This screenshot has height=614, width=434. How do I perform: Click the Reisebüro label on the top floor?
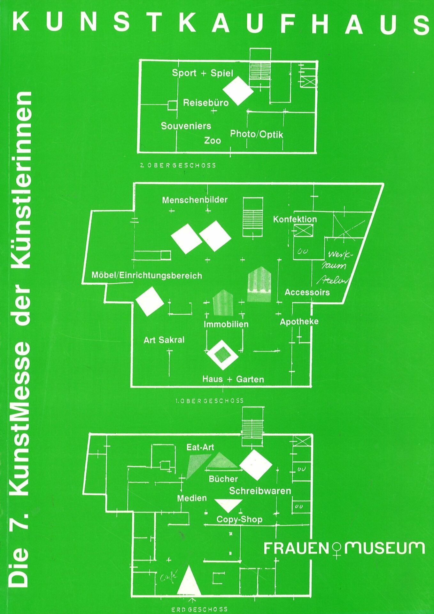click(205, 103)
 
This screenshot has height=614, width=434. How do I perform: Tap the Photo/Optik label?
click(256, 134)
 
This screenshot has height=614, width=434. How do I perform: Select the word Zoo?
click(213, 141)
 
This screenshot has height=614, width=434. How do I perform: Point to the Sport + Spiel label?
click(203, 73)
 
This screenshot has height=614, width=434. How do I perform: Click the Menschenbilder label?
click(195, 200)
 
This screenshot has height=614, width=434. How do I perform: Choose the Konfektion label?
click(295, 219)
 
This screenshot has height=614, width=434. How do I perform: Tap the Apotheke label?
click(299, 322)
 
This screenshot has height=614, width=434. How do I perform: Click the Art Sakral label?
click(164, 340)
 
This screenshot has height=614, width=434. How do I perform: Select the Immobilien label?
click(226, 324)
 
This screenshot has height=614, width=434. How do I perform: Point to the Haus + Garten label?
click(233, 380)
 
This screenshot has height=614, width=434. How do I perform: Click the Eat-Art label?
click(200, 447)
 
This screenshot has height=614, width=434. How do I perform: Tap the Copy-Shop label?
click(239, 519)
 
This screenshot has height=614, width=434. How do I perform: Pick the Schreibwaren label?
click(260, 491)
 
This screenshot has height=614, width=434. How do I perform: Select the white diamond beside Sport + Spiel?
click(238, 91)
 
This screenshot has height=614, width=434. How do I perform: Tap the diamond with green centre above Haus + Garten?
click(222, 355)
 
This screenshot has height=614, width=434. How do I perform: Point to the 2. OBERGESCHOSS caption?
click(178, 166)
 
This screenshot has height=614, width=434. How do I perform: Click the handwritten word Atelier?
click(332, 280)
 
